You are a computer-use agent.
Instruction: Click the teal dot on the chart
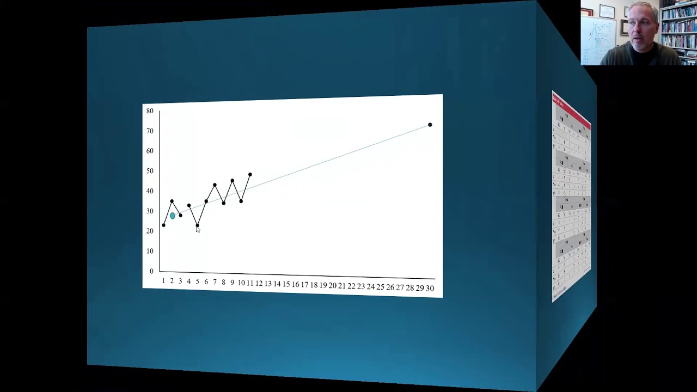pos(173,216)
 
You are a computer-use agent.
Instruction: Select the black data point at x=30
pos(430,125)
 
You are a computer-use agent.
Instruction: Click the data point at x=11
pos(250,175)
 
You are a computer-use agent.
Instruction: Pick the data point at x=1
pos(163,225)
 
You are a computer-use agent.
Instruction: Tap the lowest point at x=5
pos(197,225)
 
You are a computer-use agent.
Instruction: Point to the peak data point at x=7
pos(215,185)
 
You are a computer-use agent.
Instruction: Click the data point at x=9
pos(232,180)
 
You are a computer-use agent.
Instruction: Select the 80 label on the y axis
pos(150,111)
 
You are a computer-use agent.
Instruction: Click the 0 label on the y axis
pos(151,271)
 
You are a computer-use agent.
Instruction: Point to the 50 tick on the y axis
pos(150,171)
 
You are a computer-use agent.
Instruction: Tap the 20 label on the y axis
pos(150,231)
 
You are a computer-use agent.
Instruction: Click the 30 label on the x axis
pos(430,289)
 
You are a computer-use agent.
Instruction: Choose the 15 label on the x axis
pos(286,284)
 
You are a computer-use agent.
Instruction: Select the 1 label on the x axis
pos(163,281)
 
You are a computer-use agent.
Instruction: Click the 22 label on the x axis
pos(351,286)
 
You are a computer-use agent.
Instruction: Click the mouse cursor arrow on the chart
pos(198,229)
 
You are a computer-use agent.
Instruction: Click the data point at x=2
pos(172,201)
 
